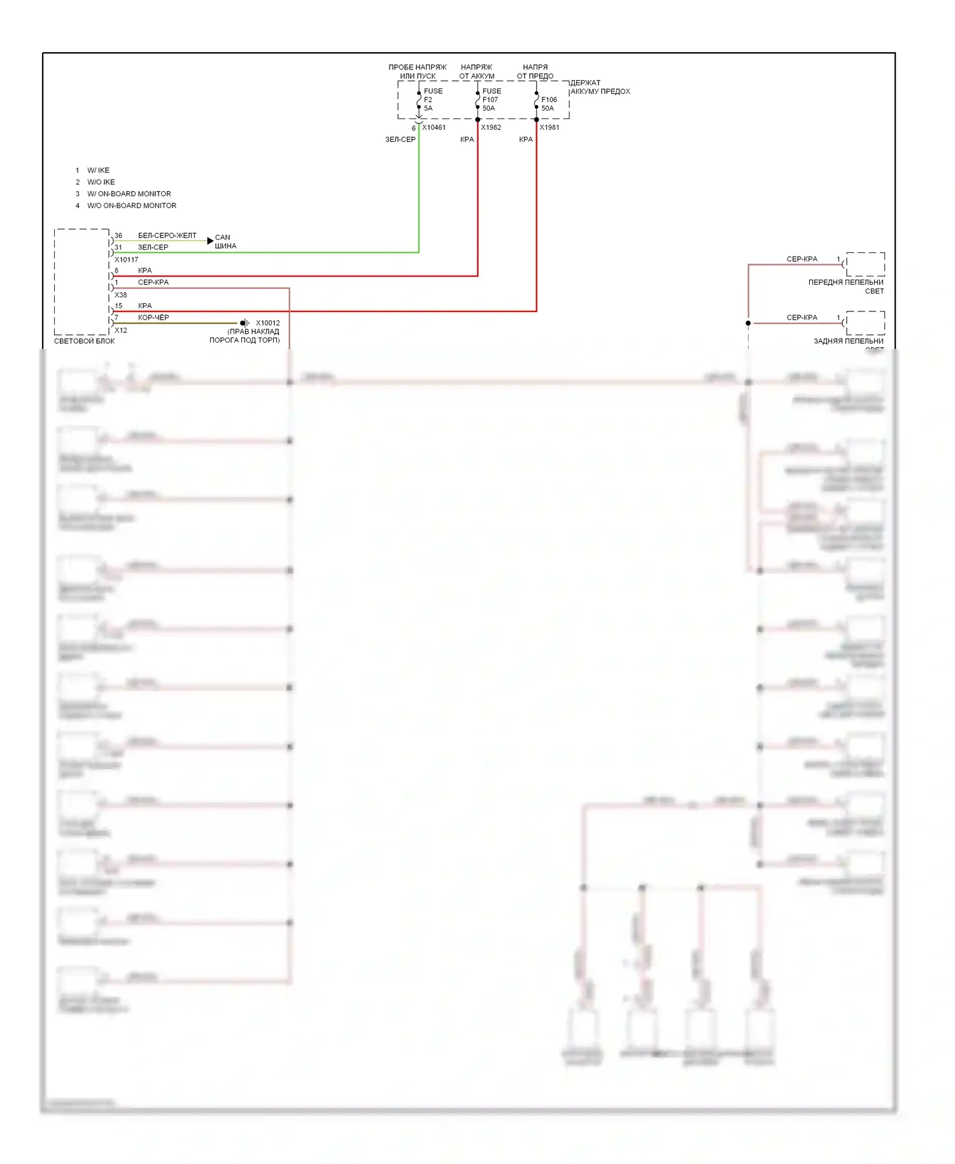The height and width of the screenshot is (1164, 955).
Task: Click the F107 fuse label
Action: pyautogui.click(x=490, y=100)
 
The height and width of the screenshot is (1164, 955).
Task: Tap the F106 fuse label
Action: pyautogui.click(x=549, y=100)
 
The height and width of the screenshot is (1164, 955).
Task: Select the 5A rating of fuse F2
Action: pyautogui.click(x=428, y=108)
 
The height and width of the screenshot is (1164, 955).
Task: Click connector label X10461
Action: pyautogui.click(x=434, y=127)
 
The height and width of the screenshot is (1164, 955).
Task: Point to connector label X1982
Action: pyautogui.click(x=491, y=127)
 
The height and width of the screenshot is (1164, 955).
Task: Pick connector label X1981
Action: pyautogui.click(x=549, y=127)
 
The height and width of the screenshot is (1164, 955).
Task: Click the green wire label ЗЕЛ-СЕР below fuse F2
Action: pyautogui.click(x=400, y=139)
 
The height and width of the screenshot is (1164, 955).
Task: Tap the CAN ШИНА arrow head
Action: pyautogui.click(x=210, y=241)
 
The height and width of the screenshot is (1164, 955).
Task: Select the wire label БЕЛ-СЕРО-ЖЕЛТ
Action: pyautogui.click(x=167, y=236)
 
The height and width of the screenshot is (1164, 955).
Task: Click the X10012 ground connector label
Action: pyautogui.click(x=267, y=323)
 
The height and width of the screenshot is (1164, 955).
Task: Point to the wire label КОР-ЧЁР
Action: pyautogui.click(x=153, y=317)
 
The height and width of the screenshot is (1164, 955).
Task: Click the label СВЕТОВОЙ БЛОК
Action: pyautogui.click(x=84, y=341)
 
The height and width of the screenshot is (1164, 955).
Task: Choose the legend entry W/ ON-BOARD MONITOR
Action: pyautogui.click(x=129, y=194)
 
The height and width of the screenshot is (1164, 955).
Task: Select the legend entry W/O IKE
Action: pyautogui.click(x=101, y=182)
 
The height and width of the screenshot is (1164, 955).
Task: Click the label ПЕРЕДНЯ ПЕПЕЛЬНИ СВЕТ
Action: pyautogui.click(x=846, y=287)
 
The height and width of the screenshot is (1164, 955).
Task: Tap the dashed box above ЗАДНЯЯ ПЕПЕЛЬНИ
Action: pyautogui.click(x=865, y=323)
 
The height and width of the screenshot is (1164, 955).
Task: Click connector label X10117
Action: pyautogui.click(x=126, y=260)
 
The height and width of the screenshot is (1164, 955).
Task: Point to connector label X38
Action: pyautogui.click(x=121, y=295)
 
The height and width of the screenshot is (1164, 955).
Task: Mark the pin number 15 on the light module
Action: pyautogui.click(x=118, y=306)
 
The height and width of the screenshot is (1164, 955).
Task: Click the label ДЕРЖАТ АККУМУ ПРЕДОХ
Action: pyautogui.click(x=600, y=87)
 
